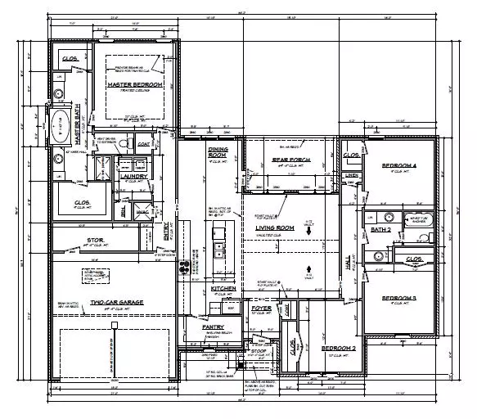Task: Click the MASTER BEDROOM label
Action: (133, 84)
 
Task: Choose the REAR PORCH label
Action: (290, 161)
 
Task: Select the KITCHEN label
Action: (223, 289)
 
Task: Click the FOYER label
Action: (260, 309)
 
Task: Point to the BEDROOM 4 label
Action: (399, 166)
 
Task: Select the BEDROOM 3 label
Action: (399, 298)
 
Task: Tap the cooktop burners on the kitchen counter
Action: (184, 264)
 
